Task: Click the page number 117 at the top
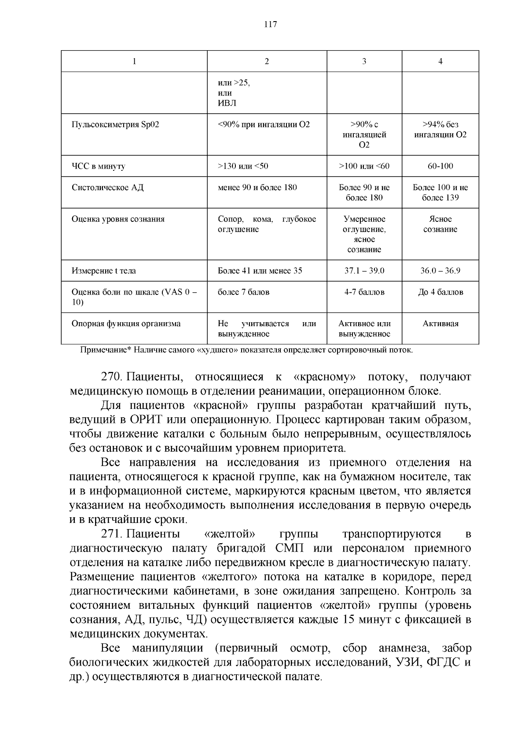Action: [x=270, y=24]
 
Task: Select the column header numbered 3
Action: [x=364, y=62]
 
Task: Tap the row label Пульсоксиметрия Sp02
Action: [x=115, y=125]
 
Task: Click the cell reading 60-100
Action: [x=440, y=166]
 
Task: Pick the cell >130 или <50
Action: [x=243, y=166]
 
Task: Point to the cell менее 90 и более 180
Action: [x=257, y=187]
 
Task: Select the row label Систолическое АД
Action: [x=107, y=187]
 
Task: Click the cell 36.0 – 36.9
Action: [x=440, y=270]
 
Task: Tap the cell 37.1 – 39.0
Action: [x=364, y=270]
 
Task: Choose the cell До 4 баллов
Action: [x=440, y=292]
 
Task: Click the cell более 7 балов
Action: [x=243, y=292]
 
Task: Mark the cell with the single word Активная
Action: [x=440, y=324]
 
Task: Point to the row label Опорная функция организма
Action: [x=126, y=324]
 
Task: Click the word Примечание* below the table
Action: [x=106, y=350]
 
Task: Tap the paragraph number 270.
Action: [x=112, y=377]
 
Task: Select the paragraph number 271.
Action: [x=112, y=534]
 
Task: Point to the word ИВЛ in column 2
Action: [x=227, y=103]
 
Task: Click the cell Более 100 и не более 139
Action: [x=440, y=192]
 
